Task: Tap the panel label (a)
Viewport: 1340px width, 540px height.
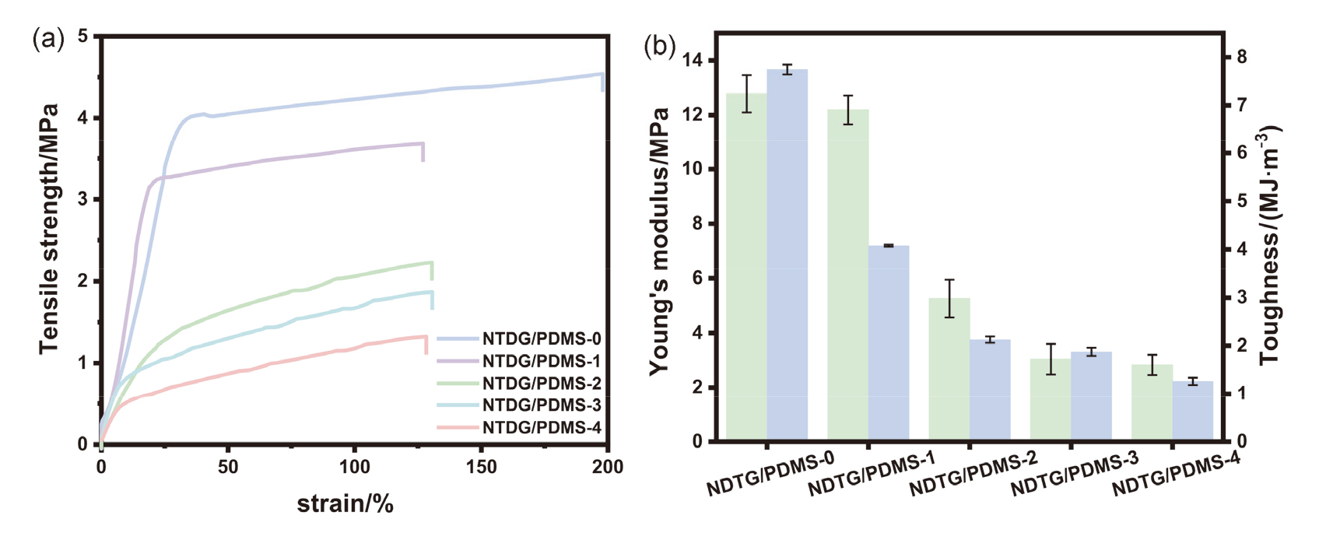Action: (x=47, y=38)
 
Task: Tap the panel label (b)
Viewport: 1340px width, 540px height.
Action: (x=659, y=47)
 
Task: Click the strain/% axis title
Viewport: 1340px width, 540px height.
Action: (x=345, y=504)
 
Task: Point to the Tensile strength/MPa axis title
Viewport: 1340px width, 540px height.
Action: (x=49, y=228)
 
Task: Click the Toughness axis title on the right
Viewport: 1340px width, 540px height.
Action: (x=1270, y=245)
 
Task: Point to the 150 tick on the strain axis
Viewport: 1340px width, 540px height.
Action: (x=481, y=467)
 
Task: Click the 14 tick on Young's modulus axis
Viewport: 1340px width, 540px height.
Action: (x=692, y=61)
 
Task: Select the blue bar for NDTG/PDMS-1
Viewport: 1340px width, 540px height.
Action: (x=889, y=343)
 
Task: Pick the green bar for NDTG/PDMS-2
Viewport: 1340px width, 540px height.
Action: (x=949, y=370)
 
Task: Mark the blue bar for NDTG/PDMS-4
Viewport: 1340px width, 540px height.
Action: (x=1192, y=411)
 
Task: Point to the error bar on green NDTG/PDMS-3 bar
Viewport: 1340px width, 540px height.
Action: (x=1051, y=359)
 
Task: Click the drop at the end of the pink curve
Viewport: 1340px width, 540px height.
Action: (x=426, y=345)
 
